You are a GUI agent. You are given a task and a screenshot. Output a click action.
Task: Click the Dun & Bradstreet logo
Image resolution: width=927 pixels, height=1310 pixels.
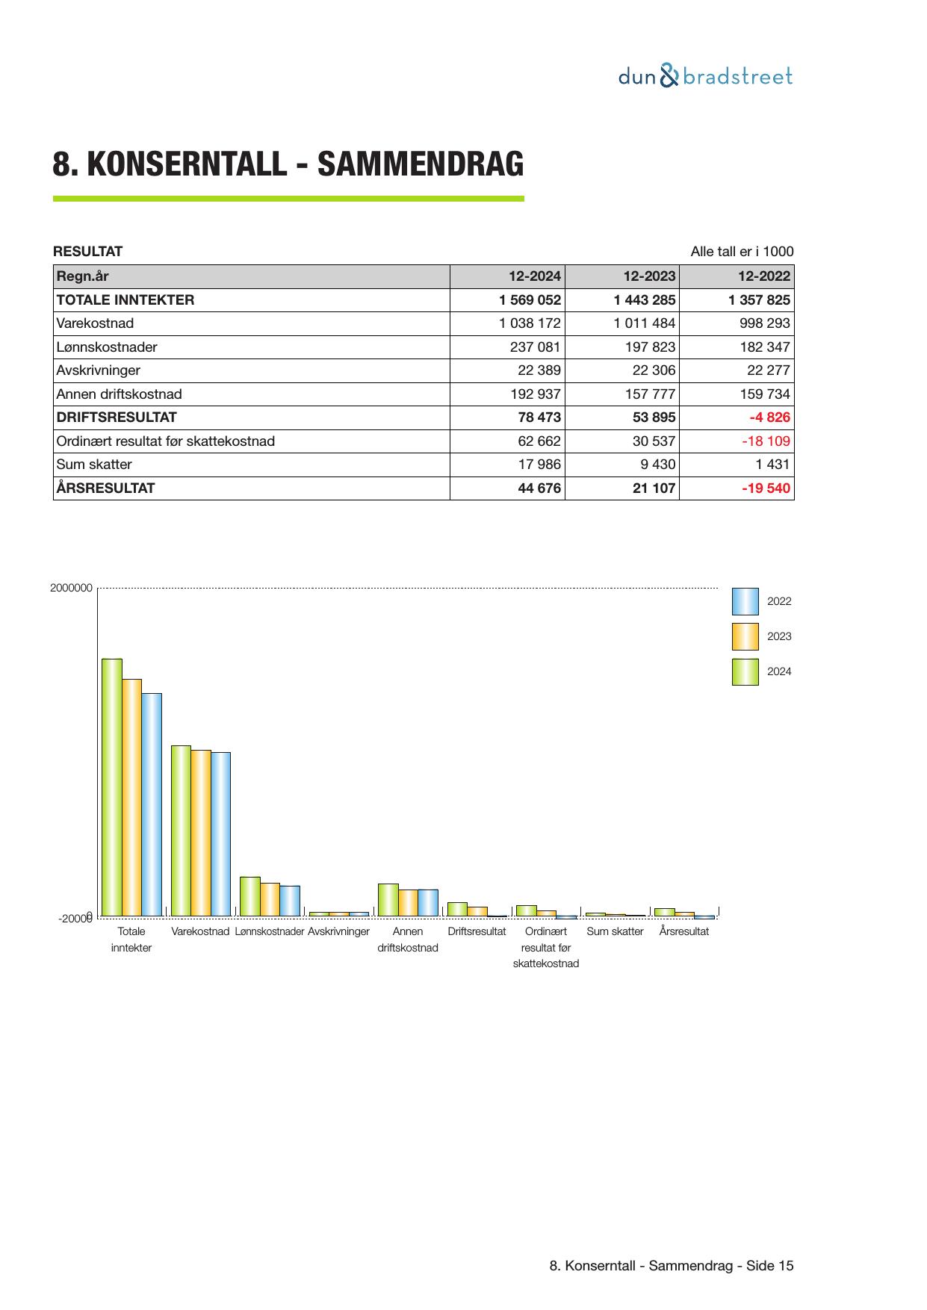704,76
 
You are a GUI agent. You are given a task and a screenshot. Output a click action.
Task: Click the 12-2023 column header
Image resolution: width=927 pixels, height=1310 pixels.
649,276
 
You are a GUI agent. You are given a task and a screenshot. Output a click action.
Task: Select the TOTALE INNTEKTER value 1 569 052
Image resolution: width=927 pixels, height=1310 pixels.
530,300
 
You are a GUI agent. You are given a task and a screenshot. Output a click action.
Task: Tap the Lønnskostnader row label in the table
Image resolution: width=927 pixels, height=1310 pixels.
107,347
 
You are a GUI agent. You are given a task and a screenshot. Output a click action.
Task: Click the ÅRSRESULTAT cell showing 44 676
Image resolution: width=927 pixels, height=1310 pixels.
539,488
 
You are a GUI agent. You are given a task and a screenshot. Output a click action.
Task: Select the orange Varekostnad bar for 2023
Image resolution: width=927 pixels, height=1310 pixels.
201,832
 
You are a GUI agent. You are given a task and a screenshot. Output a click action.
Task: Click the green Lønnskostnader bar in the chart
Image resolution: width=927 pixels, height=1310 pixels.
250,896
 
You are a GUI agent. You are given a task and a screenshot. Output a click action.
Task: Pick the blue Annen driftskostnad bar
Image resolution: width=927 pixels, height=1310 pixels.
428,902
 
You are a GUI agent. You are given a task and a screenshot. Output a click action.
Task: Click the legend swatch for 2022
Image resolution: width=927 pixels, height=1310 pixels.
745,601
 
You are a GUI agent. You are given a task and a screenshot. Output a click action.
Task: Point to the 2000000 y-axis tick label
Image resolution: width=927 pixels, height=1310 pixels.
71,589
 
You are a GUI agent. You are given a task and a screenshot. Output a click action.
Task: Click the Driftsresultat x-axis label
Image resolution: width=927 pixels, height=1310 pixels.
477,931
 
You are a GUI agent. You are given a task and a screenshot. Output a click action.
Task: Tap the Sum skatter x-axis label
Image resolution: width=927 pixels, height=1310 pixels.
615,931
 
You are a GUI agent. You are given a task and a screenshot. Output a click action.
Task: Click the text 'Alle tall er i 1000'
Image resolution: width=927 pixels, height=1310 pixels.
742,252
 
